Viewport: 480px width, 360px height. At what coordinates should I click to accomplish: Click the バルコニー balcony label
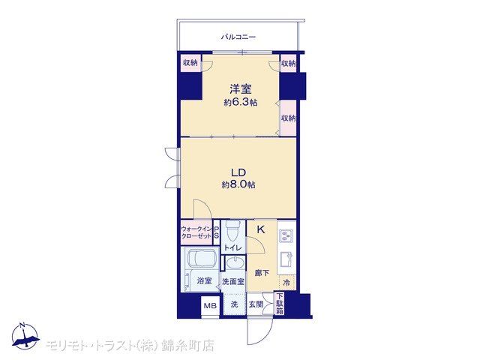[238, 37]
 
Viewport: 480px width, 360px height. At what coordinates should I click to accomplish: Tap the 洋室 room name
[241, 89]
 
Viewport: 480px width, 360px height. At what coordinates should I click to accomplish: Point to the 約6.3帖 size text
[240, 103]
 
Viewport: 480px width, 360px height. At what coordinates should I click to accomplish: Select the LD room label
[238, 172]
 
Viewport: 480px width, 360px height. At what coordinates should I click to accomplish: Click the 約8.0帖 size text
[238, 184]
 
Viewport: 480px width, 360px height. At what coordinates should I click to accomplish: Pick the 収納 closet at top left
[190, 63]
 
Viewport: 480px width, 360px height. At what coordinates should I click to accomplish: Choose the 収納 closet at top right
[288, 63]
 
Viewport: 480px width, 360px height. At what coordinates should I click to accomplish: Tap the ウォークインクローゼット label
[196, 232]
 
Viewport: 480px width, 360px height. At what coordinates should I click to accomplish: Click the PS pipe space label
[217, 232]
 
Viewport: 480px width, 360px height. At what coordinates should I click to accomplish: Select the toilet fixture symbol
[233, 232]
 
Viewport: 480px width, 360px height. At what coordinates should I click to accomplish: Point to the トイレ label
[233, 248]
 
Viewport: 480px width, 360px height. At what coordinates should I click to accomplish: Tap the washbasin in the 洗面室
[235, 263]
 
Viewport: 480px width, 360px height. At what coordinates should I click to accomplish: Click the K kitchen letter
[261, 229]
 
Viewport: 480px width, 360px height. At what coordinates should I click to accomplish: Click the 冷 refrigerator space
[286, 283]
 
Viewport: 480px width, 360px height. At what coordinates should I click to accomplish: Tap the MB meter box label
[210, 305]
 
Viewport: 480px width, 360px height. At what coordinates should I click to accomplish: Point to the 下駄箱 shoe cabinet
[280, 303]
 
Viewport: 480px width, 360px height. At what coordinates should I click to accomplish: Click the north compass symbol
[25, 335]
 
